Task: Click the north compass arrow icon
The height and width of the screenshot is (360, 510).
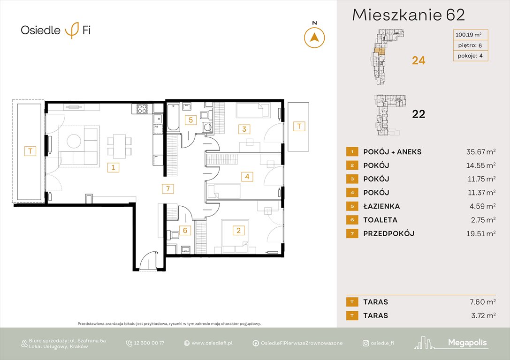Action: (x=314, y=37)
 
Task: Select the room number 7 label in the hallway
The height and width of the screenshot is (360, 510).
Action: (x=167, y=189)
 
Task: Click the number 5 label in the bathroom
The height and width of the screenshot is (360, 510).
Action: (x=190, y=120)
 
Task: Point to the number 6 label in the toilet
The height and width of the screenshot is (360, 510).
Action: (x=185, y=230)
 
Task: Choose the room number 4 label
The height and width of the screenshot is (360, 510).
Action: (x=247, y=177)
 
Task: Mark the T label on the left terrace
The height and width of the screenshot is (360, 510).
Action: (x=30, y=151)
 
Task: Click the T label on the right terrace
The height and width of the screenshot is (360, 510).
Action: (x=298, y=126)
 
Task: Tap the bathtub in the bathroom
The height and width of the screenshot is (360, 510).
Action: (x=173, y=117)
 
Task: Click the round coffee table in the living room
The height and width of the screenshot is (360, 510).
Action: (x=74, y=141)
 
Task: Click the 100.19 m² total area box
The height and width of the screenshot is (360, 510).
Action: (x=471, y=34)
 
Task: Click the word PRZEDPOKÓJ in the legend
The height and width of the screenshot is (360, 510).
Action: (x=388, y=233)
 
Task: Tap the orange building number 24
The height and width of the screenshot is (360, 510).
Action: (x=418, y=60)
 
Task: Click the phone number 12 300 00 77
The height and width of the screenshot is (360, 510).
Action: (x=149, y=343)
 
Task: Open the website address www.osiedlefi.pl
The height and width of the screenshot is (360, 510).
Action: (x=212, y=343)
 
